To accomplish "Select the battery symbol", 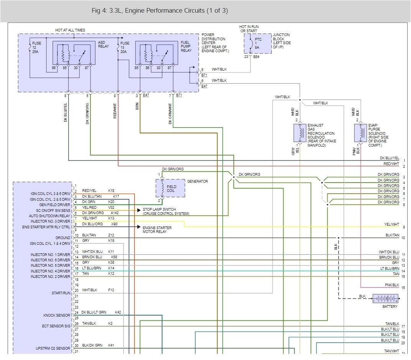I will (x=385, y=299).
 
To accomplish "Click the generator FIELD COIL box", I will (x=170, y=188).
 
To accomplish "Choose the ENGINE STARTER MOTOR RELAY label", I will (x=157, y=230).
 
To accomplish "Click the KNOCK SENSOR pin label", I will (x=57, y=315).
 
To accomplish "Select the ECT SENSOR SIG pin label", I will (x=57, y=326).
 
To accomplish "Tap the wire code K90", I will (x=115, y=224).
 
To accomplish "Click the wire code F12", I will (x=111, y=290).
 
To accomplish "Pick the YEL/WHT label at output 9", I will (x=391, y=225).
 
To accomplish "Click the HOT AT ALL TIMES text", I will (x=70, y=30).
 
